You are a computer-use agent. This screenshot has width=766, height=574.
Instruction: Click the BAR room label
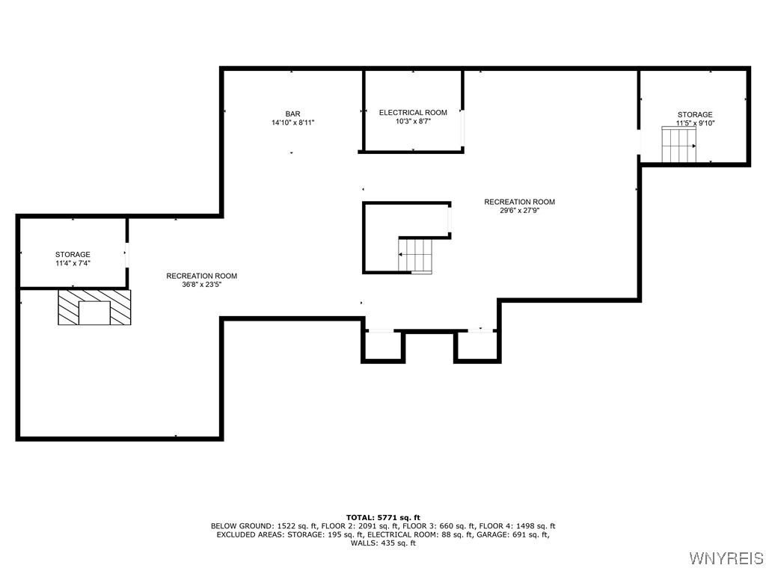pos(292,114)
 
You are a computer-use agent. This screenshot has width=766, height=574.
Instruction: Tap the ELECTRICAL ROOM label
pos(413,113)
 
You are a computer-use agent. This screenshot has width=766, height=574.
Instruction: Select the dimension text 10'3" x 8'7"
pos(413,122)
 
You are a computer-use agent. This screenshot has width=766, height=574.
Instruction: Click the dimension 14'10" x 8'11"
pos(292,123)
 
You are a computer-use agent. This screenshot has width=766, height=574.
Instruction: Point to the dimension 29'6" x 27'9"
pos(519,211)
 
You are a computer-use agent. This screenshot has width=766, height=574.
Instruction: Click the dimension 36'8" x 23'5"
pos(201,285)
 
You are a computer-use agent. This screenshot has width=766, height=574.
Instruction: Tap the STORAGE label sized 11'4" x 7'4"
pos(73,255)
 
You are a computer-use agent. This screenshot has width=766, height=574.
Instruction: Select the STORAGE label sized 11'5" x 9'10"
pos(695,115)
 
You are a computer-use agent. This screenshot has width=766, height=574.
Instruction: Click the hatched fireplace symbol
pos(94,307)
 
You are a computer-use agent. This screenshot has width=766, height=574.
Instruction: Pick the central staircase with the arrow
pos(416,256)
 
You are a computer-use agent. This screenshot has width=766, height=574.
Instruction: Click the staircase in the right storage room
pos(678,144)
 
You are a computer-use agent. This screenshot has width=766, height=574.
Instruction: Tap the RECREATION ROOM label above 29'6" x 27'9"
pos(519,202)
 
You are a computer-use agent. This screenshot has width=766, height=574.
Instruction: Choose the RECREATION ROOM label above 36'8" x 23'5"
pos(201,276)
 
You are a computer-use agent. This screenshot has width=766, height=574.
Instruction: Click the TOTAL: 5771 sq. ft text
pos(383,517)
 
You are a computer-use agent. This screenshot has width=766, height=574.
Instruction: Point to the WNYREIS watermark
pos(726,558)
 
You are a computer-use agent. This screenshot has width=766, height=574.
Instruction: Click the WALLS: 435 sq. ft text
pos(383,543)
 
